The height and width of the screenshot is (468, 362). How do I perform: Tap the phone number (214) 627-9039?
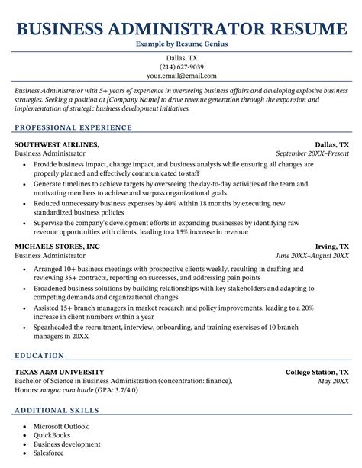coord(181,66)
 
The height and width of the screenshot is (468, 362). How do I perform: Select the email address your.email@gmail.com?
coord(181,76)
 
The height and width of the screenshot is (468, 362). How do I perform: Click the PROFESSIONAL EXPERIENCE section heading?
coord(73,127)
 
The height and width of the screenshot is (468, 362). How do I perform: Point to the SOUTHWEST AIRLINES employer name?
coord(57,144)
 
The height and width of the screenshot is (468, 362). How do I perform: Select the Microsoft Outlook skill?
coord(61,426)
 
